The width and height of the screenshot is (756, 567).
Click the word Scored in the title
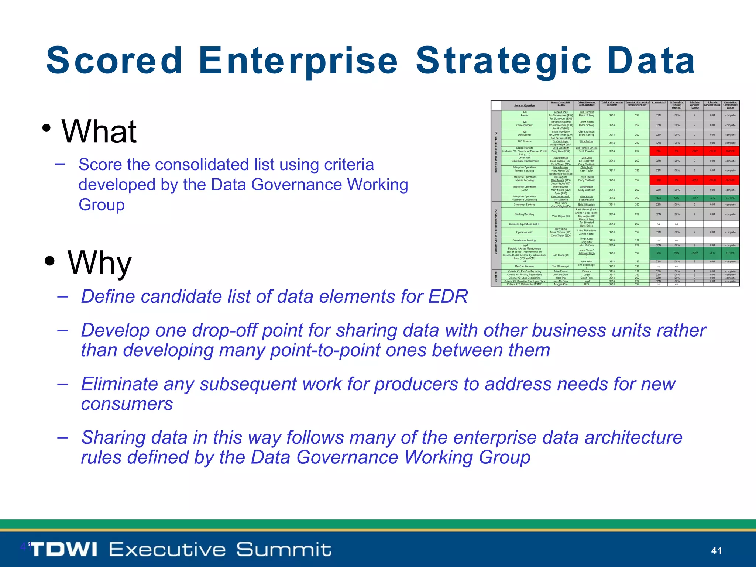coord(114,61)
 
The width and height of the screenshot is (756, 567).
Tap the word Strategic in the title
coord(504,61)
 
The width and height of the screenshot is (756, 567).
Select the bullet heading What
coord(99,132)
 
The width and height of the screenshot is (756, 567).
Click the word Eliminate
coord(119,384)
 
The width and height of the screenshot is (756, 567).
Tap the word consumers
coord(127,404)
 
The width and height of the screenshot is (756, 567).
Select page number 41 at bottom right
coord(717,551)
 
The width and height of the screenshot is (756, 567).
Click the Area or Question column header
coord(524,106)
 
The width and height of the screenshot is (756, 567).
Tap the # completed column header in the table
coord(659,103)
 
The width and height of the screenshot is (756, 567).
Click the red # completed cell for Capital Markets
coord(659,151)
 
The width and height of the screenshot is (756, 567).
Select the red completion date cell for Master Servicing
coord(730,180)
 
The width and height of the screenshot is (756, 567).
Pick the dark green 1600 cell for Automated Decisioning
coord(659,198)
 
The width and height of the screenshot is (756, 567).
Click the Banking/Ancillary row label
coord(524,214)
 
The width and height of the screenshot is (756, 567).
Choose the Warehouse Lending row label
coord(524,240)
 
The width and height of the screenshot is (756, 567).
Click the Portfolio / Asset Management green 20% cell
coord(676,253)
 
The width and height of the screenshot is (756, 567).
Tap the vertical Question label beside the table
coord(496,277)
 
